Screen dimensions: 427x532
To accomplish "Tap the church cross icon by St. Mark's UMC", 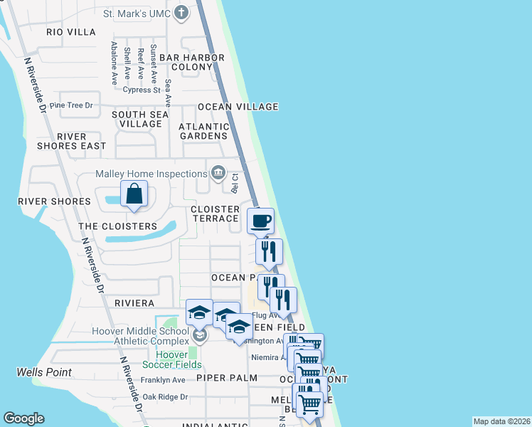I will click(x=182, y=12).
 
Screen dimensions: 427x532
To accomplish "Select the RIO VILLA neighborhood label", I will click(x=70, y=32).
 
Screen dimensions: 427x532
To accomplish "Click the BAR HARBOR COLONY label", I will click(x=191, y=63).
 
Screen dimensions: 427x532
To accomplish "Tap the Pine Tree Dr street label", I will click(x=71, y=105).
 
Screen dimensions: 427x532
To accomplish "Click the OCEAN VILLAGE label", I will click(x=238, y=107).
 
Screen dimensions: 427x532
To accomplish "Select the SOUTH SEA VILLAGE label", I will click(x=140, y=119).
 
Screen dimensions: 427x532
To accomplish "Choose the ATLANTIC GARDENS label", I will click(x=203, y=132).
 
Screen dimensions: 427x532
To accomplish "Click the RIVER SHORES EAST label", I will click(x=71, y=141).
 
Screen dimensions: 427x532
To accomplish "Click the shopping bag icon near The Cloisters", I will click(x=134, y=194).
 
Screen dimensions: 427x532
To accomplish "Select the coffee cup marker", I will click(x=260, y=221).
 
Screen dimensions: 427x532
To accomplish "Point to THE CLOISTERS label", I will click(x=117, y=226).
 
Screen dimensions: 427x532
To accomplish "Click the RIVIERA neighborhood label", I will click(x=134, y=303).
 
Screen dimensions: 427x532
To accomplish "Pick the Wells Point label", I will click(x=44, y=373).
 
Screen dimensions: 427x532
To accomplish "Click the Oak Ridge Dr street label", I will click(x=164, y=396).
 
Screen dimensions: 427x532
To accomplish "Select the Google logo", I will click(x=23, y=418).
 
